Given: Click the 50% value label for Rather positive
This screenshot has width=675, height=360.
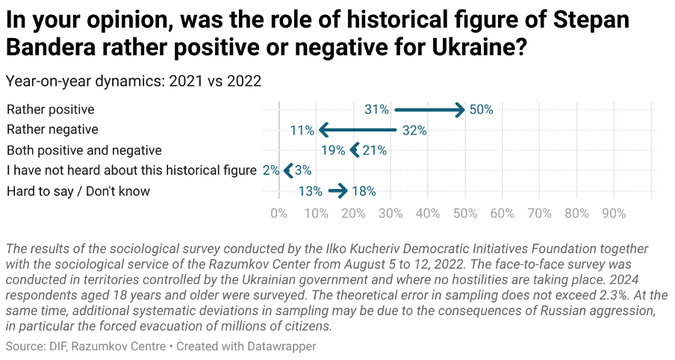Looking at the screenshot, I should point(482,110).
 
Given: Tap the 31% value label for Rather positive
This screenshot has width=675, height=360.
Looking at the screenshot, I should point(376,110).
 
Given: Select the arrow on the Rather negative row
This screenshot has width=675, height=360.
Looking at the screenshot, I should point(357,130).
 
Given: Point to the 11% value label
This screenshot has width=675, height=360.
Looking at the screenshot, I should point(302,130).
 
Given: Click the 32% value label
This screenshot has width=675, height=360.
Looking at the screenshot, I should point(414,130).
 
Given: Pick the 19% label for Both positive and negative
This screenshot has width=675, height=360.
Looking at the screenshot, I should point(333,150).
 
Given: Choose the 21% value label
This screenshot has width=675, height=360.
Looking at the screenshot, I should point(374,150).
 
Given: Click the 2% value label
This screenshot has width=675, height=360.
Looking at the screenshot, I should point(270,170).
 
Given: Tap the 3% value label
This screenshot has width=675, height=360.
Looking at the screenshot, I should point(303,170).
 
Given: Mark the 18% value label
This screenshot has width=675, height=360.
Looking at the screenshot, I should point(364,191).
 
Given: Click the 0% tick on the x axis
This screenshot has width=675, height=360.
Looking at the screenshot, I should point(279,214).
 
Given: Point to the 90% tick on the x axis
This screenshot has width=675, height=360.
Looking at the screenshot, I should point(614,214).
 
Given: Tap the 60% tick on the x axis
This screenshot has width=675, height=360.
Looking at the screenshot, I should point(502,214).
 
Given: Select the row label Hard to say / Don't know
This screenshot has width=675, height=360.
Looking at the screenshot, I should point(78,191).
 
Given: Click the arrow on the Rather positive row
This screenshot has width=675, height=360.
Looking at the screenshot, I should point(429,110).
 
